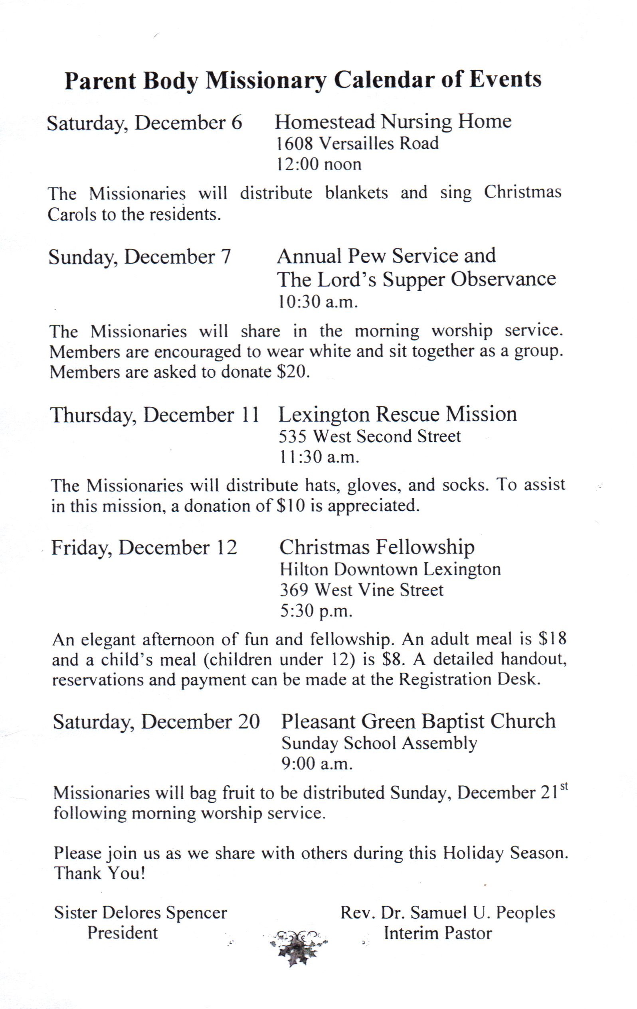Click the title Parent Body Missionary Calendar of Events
point(303,80)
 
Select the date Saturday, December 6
point(144,123)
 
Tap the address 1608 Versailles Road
point(357,144)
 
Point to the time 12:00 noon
point(318,164)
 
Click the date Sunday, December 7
point(140,256)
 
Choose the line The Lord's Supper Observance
point(416,279)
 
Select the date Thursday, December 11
point(155,415)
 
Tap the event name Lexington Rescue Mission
point(397,414)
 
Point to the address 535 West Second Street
point(370,436)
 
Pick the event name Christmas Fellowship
point(377,547)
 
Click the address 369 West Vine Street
point(362,590)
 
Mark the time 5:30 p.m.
point(316,611)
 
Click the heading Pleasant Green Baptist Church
point(418,721)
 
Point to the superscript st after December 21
point(564,786)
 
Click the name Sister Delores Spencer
point(140,912)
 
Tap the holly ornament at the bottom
point(298,947)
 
